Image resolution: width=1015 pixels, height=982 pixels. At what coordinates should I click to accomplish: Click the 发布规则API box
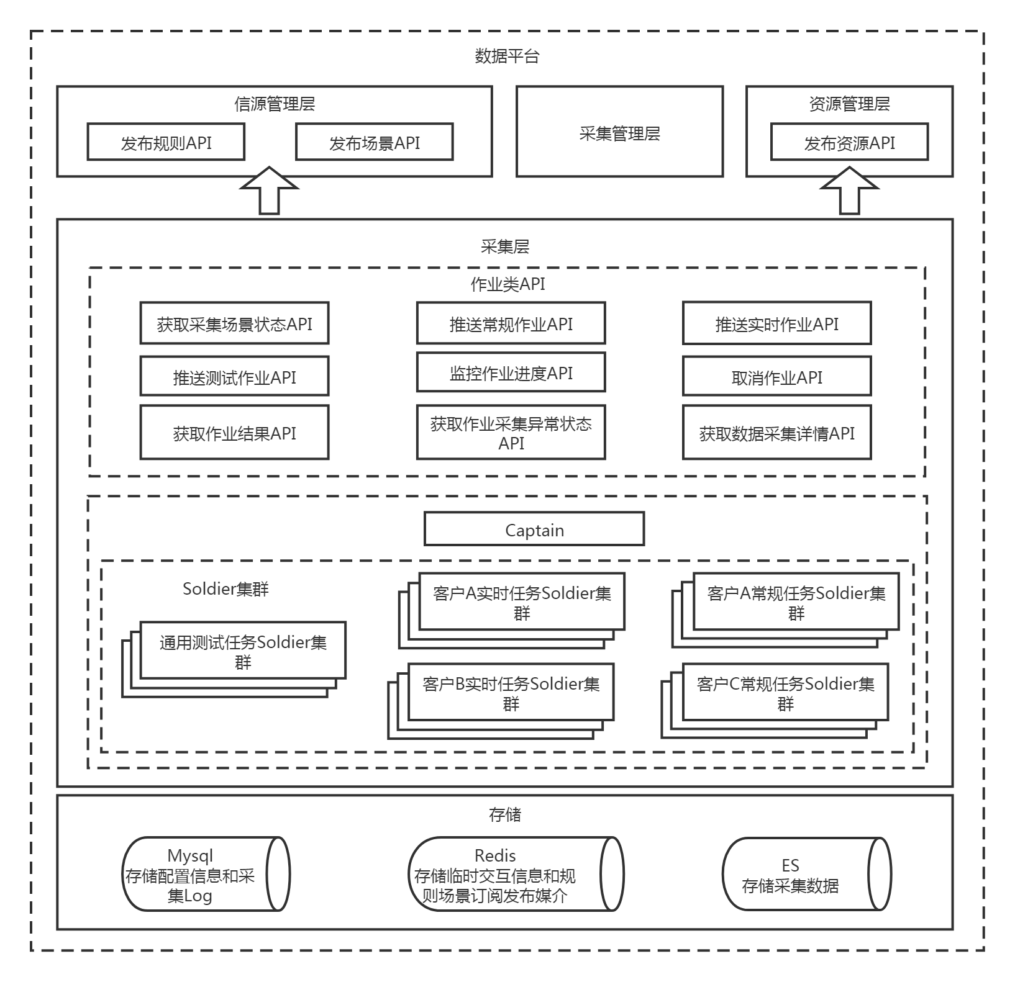(x=166, y=142)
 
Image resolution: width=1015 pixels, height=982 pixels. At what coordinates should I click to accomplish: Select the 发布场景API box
(x=374, y=142)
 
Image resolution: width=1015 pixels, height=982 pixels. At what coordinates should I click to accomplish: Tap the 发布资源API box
(x=849, y=142)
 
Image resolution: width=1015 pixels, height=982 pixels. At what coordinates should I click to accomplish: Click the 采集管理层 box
(x=619, y=132)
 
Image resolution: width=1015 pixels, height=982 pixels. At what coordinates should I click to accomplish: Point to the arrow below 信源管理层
(x=269, y=191)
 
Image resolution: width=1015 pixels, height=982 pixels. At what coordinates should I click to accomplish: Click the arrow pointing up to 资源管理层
(x=850, y=191)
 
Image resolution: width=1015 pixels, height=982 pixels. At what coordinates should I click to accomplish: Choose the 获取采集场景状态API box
(x=234, y=323)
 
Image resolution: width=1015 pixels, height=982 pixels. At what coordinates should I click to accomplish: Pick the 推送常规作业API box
(x=511, y=323)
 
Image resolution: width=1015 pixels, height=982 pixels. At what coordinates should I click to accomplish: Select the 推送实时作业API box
(x=776, y=323)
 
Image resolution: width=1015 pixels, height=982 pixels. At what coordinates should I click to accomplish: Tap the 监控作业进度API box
(x=511, y=373)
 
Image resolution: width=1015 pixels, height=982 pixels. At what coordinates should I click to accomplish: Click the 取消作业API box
(x=776, y=377)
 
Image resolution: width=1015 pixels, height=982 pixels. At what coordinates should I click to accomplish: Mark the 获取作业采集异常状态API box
(x=511, y=433)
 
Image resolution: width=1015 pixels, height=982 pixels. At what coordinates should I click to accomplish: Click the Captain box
(x=534, y=529)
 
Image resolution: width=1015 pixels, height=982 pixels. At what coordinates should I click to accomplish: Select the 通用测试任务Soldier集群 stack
(x=242, y=651)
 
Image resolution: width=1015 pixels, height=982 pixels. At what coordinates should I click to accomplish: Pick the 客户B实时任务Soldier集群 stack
(x=511, y=693)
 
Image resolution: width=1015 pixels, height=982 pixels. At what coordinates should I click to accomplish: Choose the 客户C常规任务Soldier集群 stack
(x=785, y=693)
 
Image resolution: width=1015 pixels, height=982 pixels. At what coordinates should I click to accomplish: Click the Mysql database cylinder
(x=206, y=874)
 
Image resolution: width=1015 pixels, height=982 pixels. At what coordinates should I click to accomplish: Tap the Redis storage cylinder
(x=515, y=874)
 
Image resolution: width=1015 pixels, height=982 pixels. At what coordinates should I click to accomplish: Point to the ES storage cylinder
(x=806, y=874)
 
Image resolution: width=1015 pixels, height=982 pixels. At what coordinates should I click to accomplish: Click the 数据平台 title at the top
(x=507, y=56)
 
